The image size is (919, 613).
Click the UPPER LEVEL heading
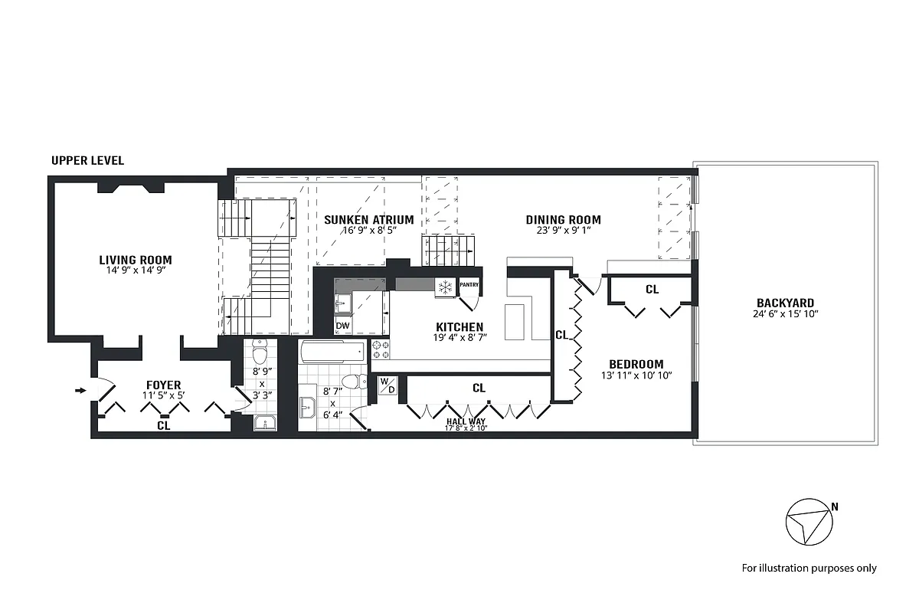(87, 161)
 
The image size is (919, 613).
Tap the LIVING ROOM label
(135, 260)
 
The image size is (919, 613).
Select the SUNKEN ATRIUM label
(368, 220)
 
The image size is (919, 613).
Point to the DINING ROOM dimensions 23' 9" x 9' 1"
(563, 230)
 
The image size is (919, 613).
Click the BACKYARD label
(785, 303)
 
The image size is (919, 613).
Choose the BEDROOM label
(636, 364)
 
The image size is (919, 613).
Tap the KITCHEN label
(459, 327)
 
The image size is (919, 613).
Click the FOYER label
(164, 385)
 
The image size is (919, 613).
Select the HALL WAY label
(466, 421)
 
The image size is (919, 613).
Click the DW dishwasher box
(343, 326)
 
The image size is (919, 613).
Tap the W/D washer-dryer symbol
(387, 385)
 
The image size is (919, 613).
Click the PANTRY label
(469, 285)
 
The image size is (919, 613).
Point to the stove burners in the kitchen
(381, 349)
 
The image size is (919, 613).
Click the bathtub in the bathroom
(332, 352)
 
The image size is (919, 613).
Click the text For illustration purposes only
(809, 568)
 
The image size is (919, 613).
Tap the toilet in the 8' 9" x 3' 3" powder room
(260, 356)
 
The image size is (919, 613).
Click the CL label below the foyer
(163, 425)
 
